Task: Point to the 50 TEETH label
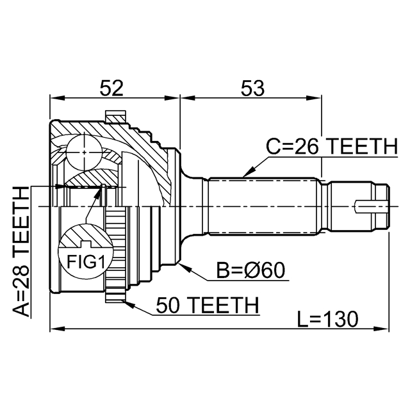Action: tap(205, 305)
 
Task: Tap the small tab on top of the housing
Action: tap(115, 117)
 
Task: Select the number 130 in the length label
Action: tap(339, 318)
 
